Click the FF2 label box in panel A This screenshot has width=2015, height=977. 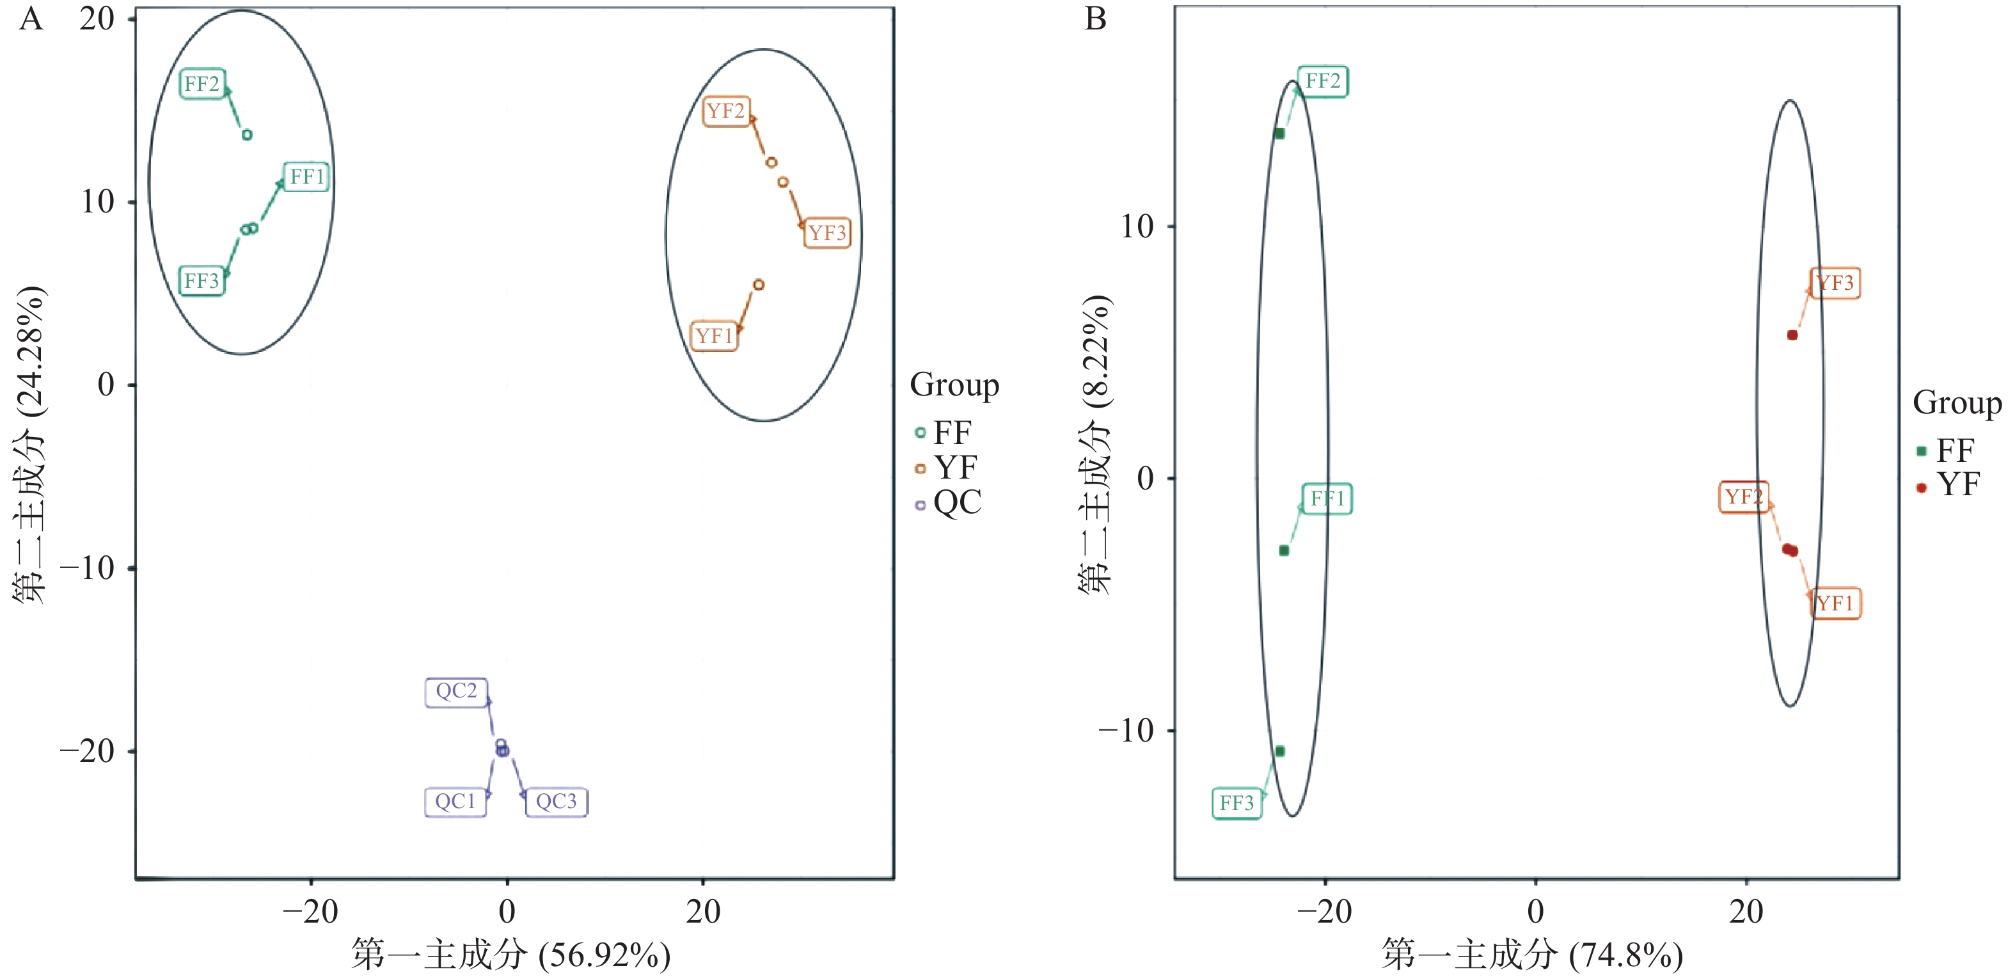point(201,84)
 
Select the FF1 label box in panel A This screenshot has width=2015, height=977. point(306,177)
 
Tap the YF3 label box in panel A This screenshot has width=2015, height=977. point(827,233)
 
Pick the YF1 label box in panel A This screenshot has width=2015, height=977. point(713,337)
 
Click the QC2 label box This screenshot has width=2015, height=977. point(456,692)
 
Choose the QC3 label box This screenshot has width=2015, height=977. point(556,802)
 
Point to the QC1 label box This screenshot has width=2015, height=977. point(455,802)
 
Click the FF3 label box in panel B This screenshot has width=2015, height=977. point(1237,804)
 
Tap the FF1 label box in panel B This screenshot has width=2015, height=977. point(1327,499)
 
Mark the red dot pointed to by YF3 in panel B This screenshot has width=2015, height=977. point(1792,335)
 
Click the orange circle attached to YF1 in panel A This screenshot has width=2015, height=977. point(758,285)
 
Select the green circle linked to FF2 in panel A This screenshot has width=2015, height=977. point(247,134)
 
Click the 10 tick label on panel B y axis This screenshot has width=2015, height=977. point(1137,227)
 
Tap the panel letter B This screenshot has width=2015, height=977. point(1095,19)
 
